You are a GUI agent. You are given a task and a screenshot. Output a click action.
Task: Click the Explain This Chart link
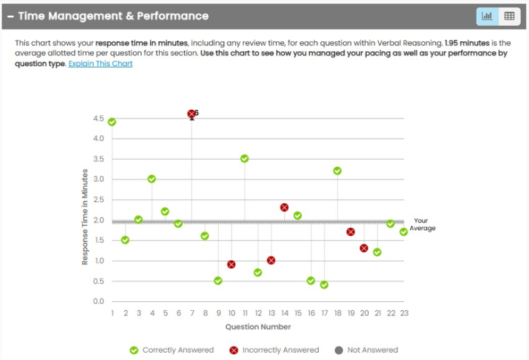pyautogui.click(x=100, y=64)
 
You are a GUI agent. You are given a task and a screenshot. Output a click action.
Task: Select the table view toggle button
pyautogui.click(x=509, y=16)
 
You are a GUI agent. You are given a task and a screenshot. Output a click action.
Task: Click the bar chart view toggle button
pyautogui.click(x=487, y=16)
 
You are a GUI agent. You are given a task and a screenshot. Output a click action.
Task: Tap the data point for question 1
pyautogui.click(x=112, y=122)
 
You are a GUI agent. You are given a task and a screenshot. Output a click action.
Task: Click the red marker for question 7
pyautogui.click(x=192, y=114)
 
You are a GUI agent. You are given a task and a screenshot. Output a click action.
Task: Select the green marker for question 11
pyautogui.click(x=245, y=158)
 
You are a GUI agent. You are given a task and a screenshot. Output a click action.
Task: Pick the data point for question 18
pyautogui.click(x=337, y=170)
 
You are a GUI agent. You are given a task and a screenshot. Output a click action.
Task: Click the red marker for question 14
pyautogui.click(x=284, y=207)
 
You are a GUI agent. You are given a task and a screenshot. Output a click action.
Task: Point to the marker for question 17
pyautogui.click(x=324, y=285)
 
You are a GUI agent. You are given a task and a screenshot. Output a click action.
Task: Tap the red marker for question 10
pyautogui.click(x=231, y=265)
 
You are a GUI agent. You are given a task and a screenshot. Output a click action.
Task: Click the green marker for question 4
pyautogui.click(x=152, y=179)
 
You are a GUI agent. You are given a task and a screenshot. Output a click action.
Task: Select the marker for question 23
pyautogui.click(x=404, y=231)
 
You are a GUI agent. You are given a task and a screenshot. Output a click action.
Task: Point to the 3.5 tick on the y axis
pyautogui.click(x=98, y=159)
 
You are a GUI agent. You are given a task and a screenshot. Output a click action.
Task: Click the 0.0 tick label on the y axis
pyautogui.click(x=98, y=301)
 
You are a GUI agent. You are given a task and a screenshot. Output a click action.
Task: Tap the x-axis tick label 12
pyautogui.click(x=258, y=313)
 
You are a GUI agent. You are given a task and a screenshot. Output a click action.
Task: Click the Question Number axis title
pyautogui.click(x=258, y=327)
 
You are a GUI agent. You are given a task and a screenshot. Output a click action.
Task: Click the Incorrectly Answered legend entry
pyautogui.click(x=274, y=350)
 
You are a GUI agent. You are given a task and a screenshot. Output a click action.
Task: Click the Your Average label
pyautogui.click(x=422, y=225)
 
